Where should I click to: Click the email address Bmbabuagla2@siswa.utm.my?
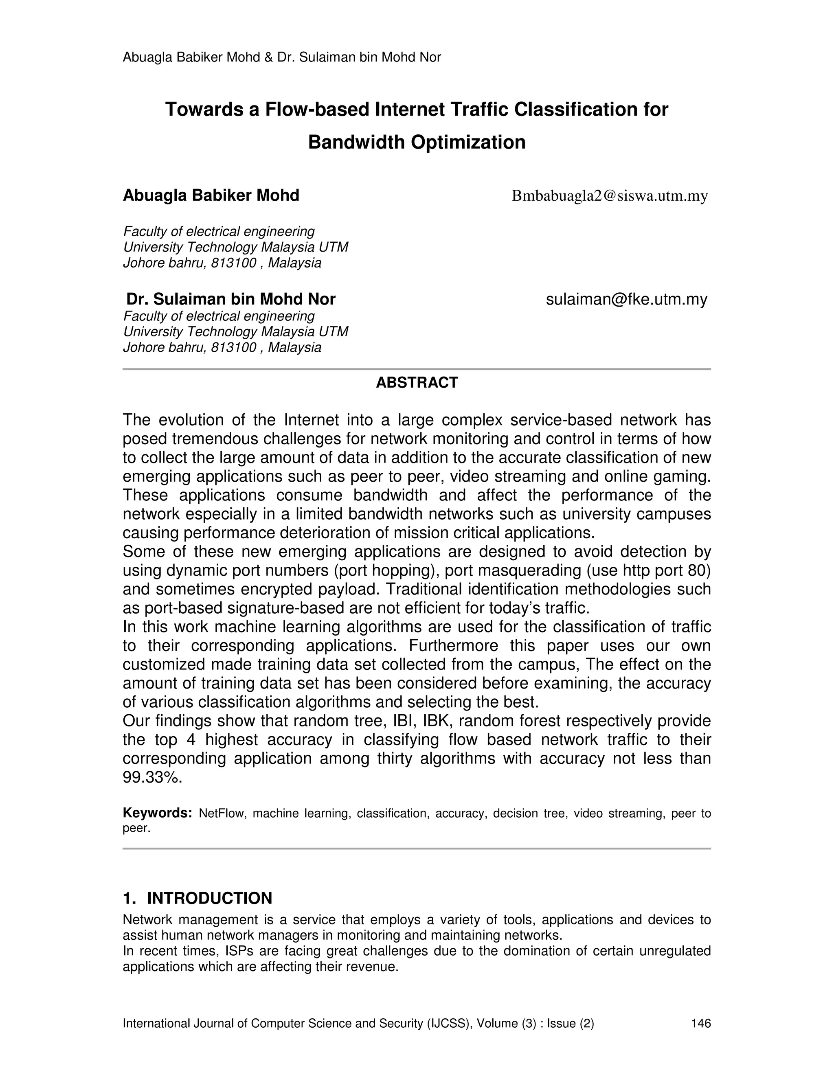point(609,196)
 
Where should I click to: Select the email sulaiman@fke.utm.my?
point(626,299)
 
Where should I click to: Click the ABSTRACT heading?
point(417,382)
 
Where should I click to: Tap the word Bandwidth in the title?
point(356,142)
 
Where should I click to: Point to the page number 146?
point(700,1024)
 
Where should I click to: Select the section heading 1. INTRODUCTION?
point(197,898)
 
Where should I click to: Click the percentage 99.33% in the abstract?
point(152,778)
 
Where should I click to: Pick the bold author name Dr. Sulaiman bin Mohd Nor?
point(231,299)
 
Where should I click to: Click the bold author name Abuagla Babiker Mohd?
point(211,195)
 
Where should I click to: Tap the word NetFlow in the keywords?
point(222,814)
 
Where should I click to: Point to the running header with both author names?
point(282,58)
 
